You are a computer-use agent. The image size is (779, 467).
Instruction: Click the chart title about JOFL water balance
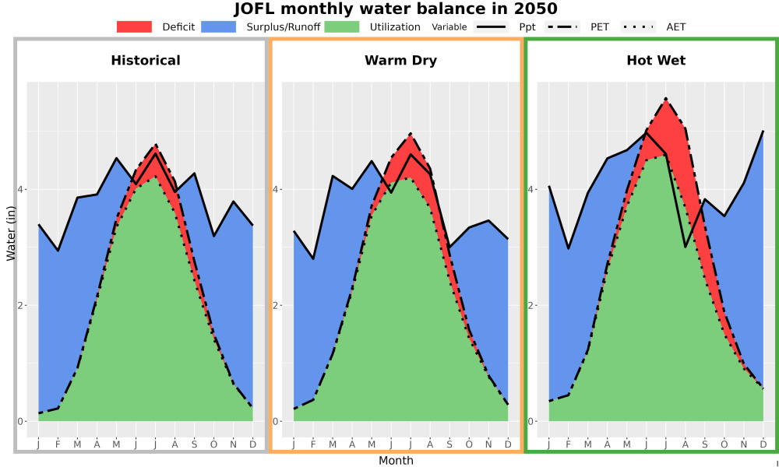[x=396, y=9]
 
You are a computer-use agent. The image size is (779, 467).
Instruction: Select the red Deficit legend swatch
[x=134, y=26]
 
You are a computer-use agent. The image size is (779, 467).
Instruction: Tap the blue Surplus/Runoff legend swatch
[x=219, y=26]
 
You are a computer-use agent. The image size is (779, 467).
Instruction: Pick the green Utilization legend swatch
[x=342, y=26]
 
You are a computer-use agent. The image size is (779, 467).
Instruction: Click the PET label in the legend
[x=600, y=26]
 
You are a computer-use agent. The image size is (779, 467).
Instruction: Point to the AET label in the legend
[x=675, y=26]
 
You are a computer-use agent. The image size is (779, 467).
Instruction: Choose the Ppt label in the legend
[x=527, y=26]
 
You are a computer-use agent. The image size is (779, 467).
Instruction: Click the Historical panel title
[x=146, y=61]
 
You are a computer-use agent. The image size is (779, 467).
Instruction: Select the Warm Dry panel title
[x=401, y=61]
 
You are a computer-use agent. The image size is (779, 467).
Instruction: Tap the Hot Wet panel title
[x=656, y=61]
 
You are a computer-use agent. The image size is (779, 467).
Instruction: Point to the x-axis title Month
[x=396, y=461]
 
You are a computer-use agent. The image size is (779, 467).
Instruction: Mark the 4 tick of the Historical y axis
[x=22, y=189]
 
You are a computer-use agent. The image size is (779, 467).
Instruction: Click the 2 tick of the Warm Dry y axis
[x=277, y=305]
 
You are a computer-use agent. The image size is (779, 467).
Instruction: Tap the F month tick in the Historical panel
[x=58, y=444]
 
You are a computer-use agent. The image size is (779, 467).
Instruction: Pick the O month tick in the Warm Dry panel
[x=469, y=444]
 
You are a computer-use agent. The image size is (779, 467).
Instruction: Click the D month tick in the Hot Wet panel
[x=763, y=444]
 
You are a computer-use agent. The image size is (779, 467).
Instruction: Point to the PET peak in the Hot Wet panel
[x=666, y=98]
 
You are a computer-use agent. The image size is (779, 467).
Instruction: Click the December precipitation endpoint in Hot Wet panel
[x=763, y=131]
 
